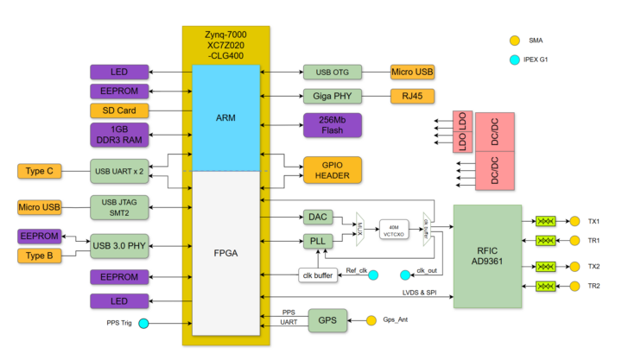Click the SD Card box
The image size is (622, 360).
[118, 111]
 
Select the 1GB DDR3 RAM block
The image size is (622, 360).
[118, 134]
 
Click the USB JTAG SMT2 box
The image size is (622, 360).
[118, 207]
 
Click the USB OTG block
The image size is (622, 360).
[333, 73]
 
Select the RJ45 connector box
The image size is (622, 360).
[412, 96]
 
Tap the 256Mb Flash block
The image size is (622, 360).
[333, 125]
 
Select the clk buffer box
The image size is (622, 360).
[317, 275]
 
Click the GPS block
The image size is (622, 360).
[328, 319]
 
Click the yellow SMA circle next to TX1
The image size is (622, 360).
[574, 221]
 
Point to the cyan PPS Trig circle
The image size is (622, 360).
[143, 324]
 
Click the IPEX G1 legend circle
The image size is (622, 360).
[514, 60]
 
